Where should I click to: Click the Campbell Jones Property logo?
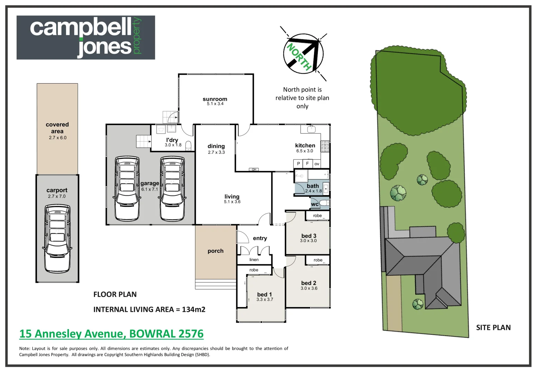tap(86, 37)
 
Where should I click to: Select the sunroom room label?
tap(215, 99)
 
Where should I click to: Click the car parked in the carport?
tap(57, 238)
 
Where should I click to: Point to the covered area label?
tap(57, 128)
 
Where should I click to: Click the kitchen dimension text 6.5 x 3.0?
tap(304, 151)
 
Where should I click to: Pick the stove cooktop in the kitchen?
tap(325, 146)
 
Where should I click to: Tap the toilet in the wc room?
tap(324, 203)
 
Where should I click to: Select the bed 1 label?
tap(264, 294)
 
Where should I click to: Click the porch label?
tap(216, 251)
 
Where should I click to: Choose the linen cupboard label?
tap(254, 260)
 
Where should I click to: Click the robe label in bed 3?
tap(317, 216)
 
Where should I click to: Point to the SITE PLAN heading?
tap(493, 328)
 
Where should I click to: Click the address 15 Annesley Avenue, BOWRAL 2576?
tap(111, 334)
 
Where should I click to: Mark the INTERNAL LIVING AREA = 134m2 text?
tap(149, 309)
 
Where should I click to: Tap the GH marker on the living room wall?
tap(254, 170)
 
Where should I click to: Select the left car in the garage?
tap(127, 188)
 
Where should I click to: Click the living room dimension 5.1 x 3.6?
tap(232, 202)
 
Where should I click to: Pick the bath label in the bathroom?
tap(313, 186)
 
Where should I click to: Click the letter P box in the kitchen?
tap(298, 164)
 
